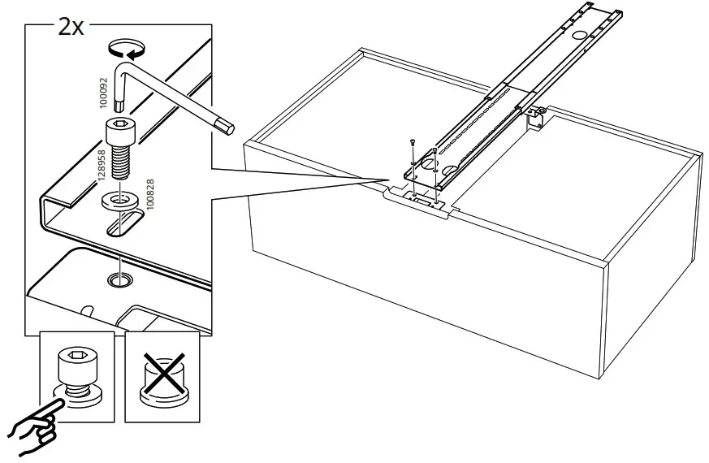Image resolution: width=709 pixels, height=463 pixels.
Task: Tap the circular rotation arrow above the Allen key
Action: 128,51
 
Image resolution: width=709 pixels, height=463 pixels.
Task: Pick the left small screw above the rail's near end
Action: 413,144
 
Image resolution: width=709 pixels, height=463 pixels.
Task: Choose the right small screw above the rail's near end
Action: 436,149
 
